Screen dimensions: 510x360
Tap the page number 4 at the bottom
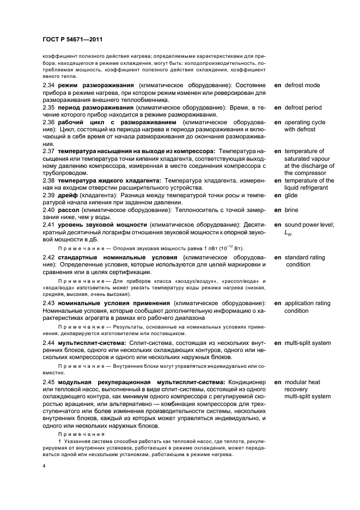44,467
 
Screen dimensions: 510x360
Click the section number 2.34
49,86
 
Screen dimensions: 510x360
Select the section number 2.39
49,195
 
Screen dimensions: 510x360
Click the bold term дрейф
69,195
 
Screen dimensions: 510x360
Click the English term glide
292,195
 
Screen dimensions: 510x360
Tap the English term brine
292,210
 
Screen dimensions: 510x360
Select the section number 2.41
49,224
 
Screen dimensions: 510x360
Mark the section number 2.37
49,150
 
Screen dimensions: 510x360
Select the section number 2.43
49,302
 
